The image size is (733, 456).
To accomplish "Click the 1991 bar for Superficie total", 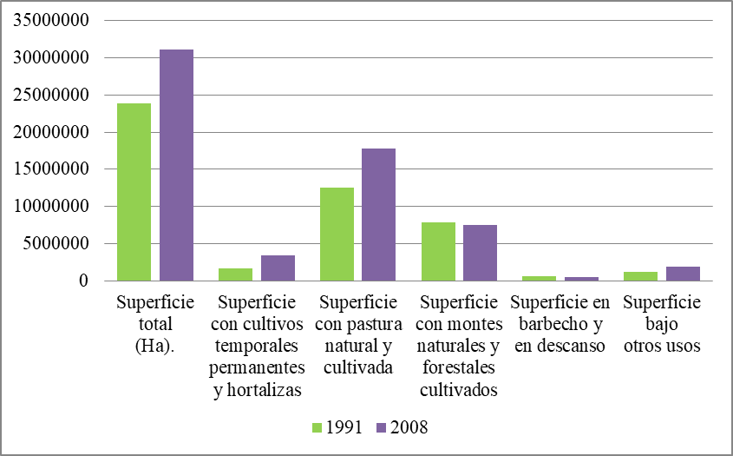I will pos(134,192).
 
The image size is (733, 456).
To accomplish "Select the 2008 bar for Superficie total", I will pos(176,165).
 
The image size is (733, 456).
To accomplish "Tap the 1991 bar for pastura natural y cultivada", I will pos(337,234).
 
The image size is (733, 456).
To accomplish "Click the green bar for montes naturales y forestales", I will pos(438,251).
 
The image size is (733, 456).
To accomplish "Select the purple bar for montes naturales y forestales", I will pos(480,253).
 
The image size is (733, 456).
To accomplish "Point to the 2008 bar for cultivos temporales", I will pos(278,268).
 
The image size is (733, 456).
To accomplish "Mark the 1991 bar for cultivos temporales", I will pos(236,274).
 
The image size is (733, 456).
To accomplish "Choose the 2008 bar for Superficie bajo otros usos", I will pos(683,274).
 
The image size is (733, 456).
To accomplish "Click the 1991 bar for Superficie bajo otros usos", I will pos(641,276).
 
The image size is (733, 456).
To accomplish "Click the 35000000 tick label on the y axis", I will pos(51,22).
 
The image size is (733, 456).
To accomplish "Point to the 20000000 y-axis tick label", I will pos(51,133).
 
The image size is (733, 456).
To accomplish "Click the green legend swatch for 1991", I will pos(317,427).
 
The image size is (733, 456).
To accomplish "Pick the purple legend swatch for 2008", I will pos(382,427).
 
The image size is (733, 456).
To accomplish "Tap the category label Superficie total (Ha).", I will pos(155,324).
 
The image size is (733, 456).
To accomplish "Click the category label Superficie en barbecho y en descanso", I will pos(560,324).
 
